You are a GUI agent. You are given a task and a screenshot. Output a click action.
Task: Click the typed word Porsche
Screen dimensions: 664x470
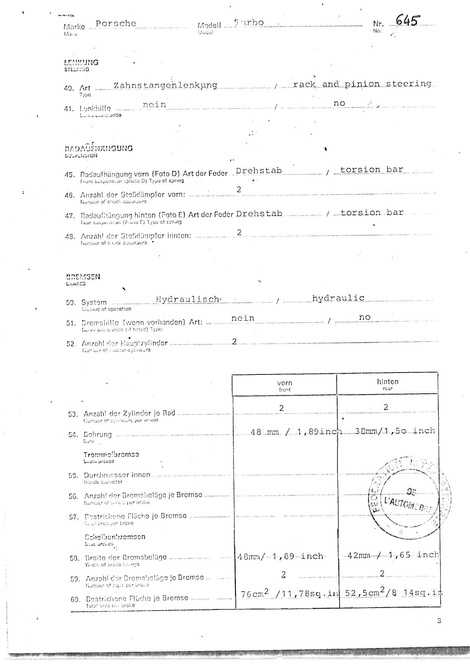(116, 23)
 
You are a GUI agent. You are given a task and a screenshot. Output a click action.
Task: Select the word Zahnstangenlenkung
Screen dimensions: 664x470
(165, 85)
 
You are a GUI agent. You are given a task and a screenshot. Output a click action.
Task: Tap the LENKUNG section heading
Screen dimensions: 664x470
(81, 63)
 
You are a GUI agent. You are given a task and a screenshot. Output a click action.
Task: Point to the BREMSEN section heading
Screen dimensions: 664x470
(83, 277)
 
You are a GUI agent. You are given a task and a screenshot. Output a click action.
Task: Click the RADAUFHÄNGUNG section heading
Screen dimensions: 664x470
(99, 148)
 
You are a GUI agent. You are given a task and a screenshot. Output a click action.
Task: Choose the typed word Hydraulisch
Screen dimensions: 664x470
(188, 299)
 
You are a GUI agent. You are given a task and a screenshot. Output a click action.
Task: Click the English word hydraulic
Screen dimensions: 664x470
(338, 298)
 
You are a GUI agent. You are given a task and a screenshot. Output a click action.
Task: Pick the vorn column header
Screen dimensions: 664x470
(285, 383)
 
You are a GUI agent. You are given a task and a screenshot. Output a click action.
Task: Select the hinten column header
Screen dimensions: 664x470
(387, 382)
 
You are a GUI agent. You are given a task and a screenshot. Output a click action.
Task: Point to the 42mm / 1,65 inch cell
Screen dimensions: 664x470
(393, 555)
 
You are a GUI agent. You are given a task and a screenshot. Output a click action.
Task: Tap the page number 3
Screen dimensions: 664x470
(439, 621)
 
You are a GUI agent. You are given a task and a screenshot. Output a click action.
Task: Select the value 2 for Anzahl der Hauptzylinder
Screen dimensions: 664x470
(234, 341)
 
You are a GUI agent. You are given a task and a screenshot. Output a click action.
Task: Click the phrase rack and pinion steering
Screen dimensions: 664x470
(362, 84)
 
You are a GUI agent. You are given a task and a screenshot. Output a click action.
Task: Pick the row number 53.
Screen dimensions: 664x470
(73, 414)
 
